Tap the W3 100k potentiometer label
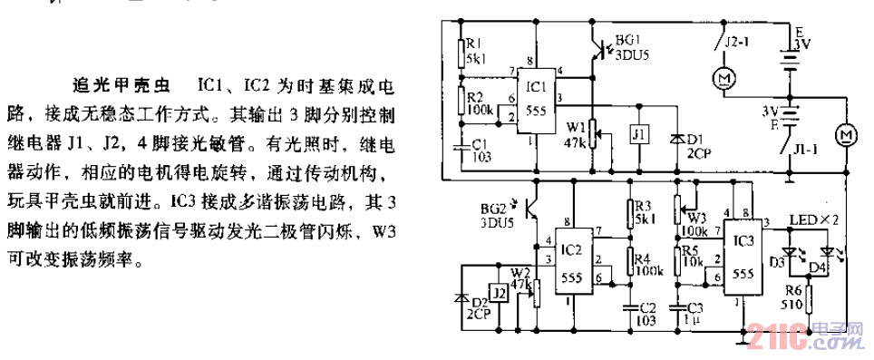coord(696,217)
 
